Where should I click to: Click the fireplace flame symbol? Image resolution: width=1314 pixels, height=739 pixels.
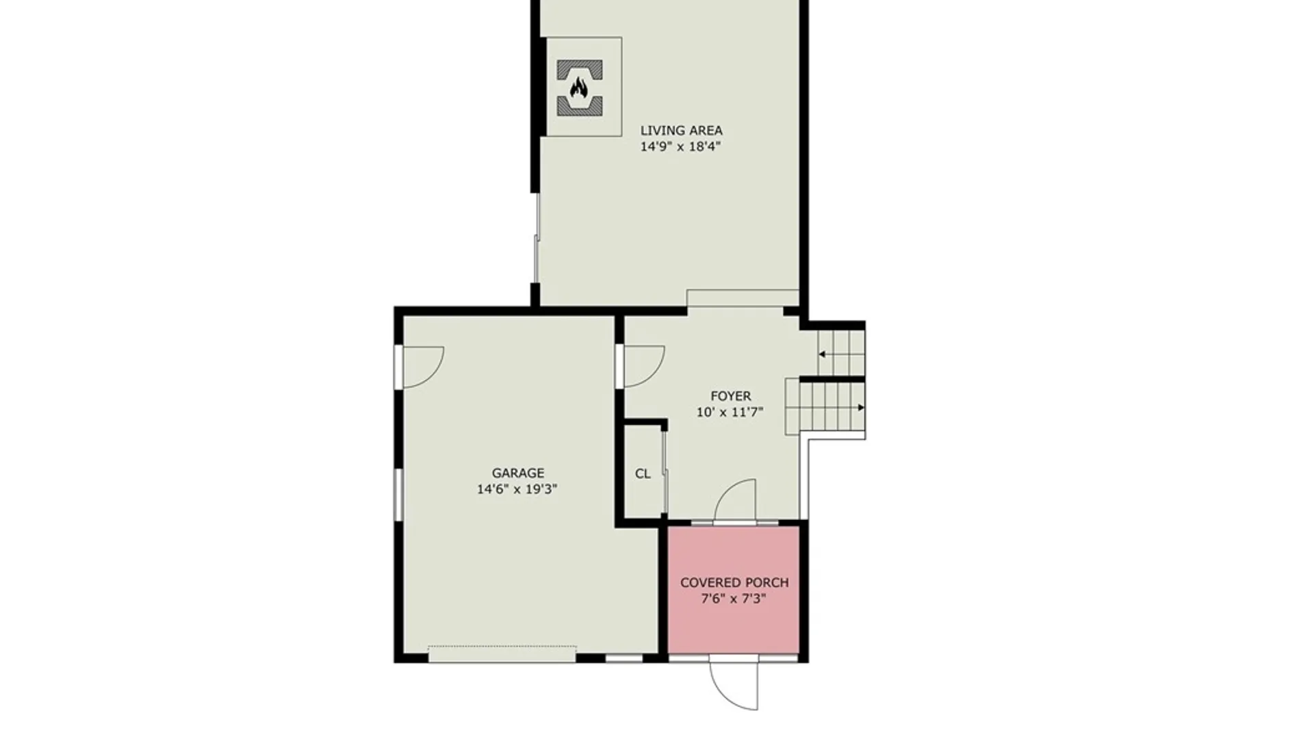coord(579,88)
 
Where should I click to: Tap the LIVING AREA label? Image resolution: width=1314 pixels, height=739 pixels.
coord(681,130)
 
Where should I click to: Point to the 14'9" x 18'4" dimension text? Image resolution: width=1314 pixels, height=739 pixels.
coord(681,146)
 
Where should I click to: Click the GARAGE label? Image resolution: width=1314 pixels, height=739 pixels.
coord(518,473)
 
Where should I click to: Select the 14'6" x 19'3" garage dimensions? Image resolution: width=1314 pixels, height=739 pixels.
coord(517,489)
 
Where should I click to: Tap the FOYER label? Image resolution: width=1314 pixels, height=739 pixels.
coord(730,396)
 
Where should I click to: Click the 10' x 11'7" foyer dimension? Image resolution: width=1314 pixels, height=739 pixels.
coord(730,412)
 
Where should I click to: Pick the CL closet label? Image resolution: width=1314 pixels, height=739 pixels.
coord(643,474)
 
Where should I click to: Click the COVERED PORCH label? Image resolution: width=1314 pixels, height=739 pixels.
coord(734,582)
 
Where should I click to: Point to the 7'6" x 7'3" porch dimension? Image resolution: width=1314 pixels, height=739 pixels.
coord(734,599)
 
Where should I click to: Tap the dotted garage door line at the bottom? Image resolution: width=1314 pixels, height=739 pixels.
coord(502,646)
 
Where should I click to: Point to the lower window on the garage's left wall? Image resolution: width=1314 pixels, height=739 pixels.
coord(398,495)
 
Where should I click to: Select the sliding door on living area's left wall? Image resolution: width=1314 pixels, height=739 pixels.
coord(537,237)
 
